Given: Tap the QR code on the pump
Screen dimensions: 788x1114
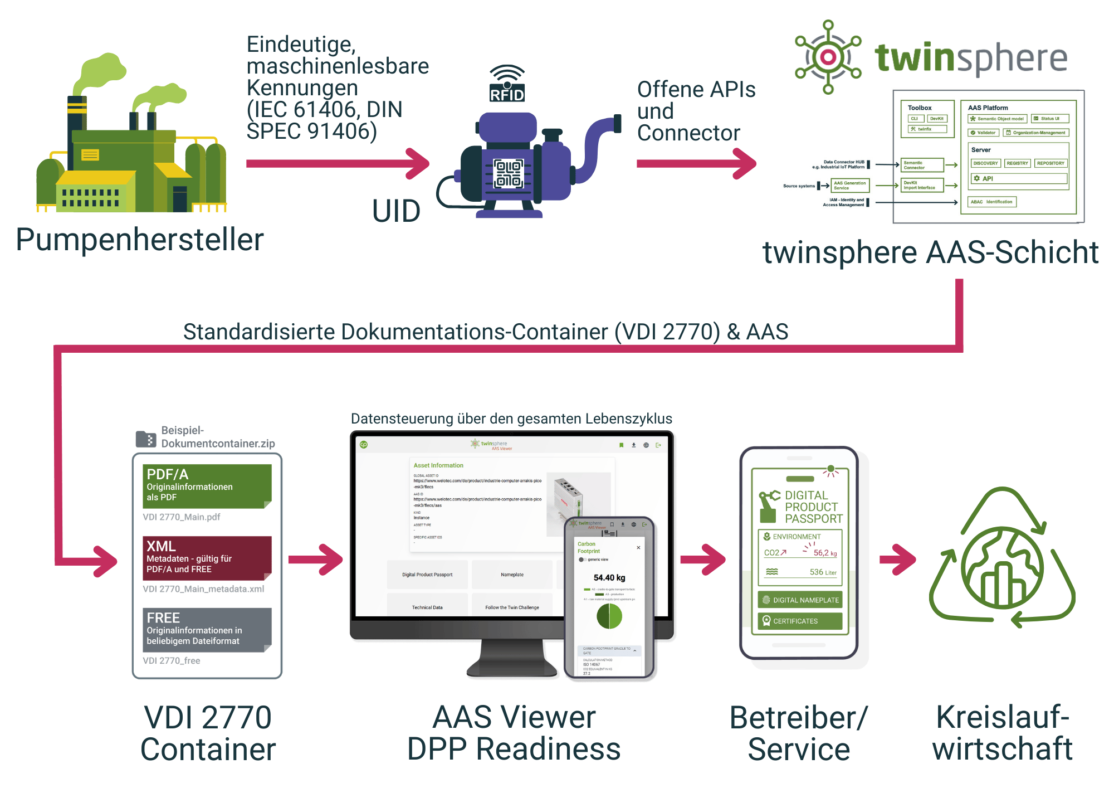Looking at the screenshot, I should [509, 173].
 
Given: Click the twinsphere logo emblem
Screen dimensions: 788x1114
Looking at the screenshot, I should [828, 57].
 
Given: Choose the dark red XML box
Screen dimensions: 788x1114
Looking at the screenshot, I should [207, 558].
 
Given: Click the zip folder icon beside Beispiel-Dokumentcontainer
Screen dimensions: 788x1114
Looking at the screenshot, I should [146, 439].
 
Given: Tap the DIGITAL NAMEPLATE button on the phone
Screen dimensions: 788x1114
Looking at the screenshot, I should [800, 600].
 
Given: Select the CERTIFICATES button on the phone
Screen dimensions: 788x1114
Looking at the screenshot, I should [800, 621].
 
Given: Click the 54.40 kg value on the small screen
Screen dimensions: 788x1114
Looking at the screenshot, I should [609, 578].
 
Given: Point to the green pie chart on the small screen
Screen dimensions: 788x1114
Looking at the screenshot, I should [609, 616].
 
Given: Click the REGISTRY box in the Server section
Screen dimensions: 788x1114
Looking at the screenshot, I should [1017, 163].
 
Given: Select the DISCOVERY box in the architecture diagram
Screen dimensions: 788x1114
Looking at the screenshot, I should [985, 163].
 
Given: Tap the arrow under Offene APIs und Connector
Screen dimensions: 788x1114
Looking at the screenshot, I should [696, 163].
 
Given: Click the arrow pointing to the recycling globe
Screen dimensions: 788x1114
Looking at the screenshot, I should [897, 559].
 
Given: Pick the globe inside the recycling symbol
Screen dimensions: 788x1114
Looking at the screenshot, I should [1002, 568].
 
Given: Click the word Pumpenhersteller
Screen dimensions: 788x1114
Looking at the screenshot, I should [140, 240].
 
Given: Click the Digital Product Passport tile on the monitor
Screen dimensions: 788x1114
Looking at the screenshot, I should [427, 575].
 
